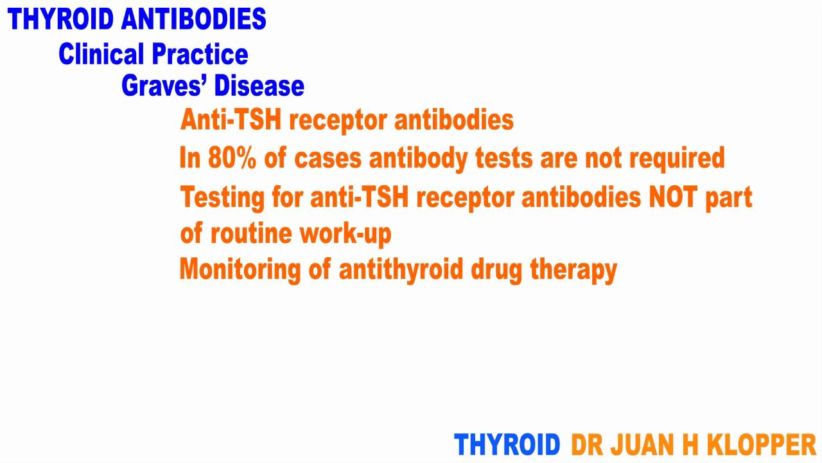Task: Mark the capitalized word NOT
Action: click(x=671, y=197)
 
